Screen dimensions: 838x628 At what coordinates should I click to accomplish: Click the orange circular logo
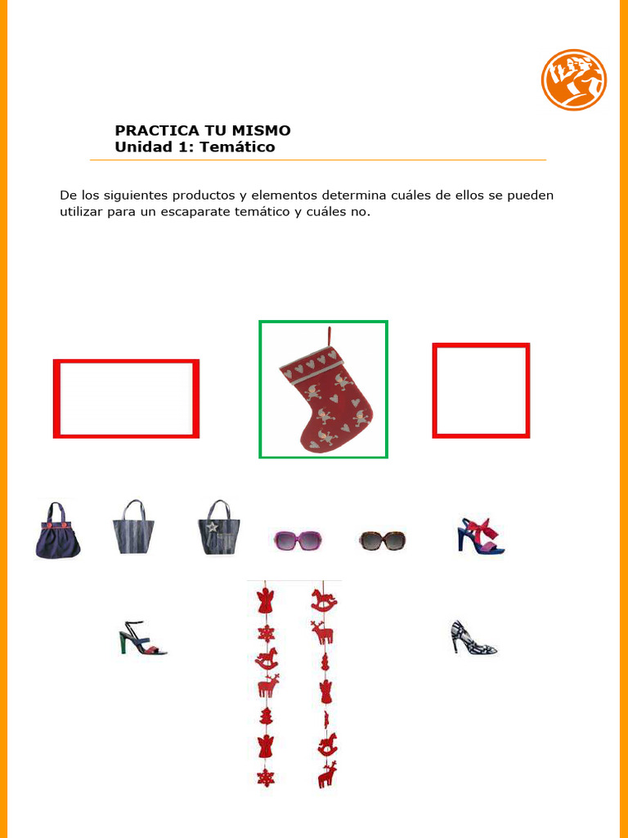(573, 79)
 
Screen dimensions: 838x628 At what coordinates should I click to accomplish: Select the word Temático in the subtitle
(242, 147)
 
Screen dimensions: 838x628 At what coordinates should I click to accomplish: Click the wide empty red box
(126, 399)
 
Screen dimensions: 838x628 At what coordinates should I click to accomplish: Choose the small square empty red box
(481, 390)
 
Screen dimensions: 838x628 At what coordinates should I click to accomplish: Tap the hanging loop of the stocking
(330, 336)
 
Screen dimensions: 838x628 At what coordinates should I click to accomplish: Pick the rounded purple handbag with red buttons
(57, 532)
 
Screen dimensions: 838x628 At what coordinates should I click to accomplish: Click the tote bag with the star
(217, 529)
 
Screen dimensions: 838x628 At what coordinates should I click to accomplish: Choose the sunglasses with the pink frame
(297, 540)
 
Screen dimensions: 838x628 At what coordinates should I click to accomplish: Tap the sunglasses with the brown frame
(382, 540)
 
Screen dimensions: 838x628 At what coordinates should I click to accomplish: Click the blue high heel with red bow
(480, 536)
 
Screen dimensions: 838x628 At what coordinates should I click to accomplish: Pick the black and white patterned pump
(473, 638)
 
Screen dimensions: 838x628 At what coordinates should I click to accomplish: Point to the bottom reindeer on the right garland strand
(327, 774)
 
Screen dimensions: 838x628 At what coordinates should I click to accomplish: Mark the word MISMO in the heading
(262, 130)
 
